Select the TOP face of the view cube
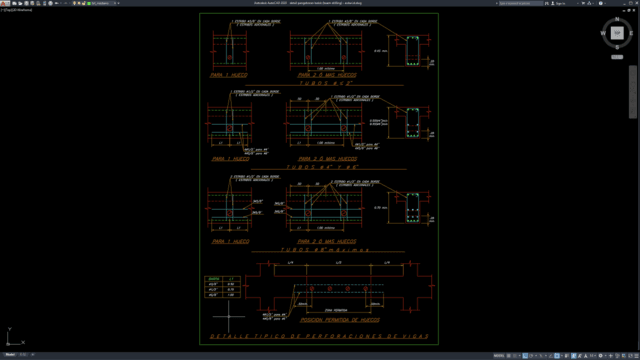click(x=617, y=36)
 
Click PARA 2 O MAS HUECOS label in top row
click(x=326, y=74)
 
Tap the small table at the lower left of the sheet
click(x=219, y=287)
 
